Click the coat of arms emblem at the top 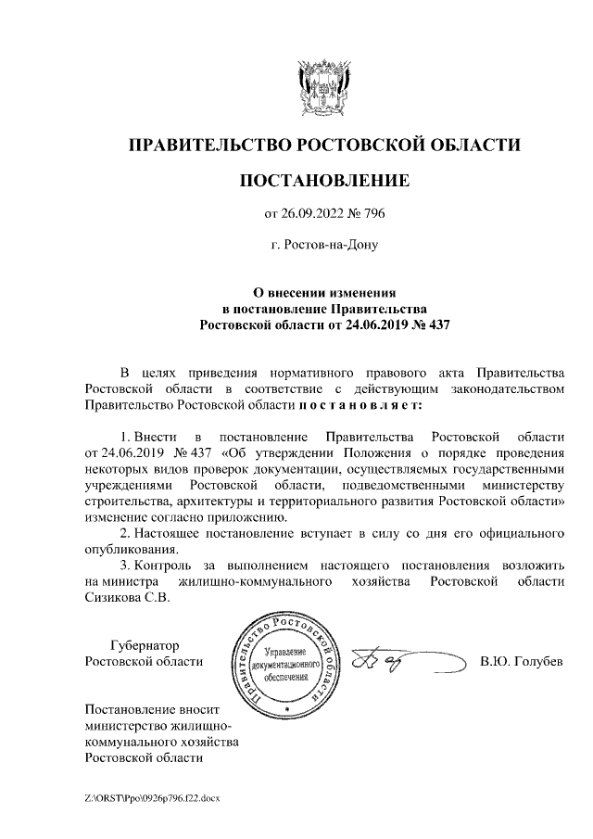[x=323, y=87]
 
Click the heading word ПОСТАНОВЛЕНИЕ [x=323, y=180]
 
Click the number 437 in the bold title [x=433, y=325]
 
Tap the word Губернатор [x=144, y=645]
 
